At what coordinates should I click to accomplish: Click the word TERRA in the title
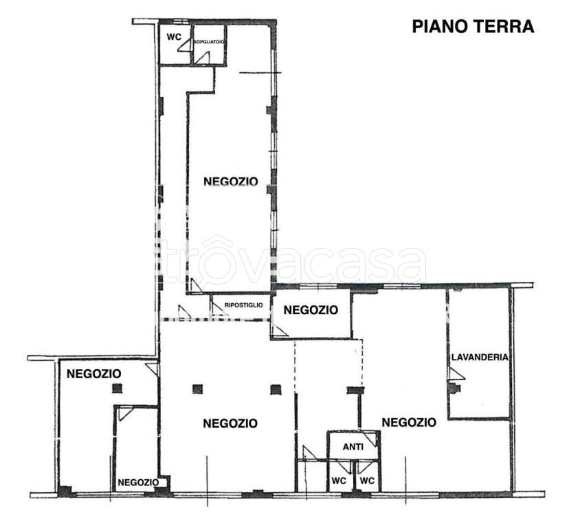tap(503, 27)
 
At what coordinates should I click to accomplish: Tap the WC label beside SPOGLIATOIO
tap(174, 37)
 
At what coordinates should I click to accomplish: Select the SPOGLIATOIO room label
tap(209, 42)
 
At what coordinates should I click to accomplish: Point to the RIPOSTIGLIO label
tap(243, 305)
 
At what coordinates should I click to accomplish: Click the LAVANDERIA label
tap(480, 357)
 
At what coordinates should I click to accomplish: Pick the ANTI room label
tap(353, 447)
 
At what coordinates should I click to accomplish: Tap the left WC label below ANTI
tap(339, 481)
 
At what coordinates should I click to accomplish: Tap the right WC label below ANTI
tap(367, 481)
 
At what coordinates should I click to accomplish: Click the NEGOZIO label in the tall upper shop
tap(230, 181)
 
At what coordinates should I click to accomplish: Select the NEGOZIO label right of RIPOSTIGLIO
tap(311, 310)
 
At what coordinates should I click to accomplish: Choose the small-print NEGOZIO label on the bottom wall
tap(138, 482)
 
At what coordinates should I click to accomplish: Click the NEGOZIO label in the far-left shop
tap(93, 374)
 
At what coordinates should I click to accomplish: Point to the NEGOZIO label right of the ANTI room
tap(409, 422)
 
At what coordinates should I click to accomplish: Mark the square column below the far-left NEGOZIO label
tap(118, 388)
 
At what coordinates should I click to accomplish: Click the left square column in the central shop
tap(197, 389)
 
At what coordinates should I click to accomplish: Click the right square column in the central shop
tap(276, 389)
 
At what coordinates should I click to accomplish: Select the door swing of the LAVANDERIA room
tap(456, 374)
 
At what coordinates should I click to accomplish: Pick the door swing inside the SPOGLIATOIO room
tap(202, 58)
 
